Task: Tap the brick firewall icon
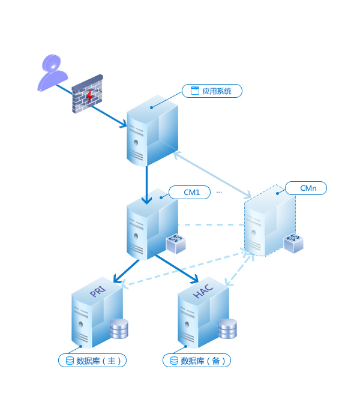[x=88, y=95]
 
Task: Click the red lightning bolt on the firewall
[x=90, y=96]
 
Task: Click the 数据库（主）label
[x=92, y=361]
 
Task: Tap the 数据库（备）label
[x=197, y=361]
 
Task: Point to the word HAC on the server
[x=202, y=293]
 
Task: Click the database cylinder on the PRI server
[x=119, y=329]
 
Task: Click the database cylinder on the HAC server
[x=227, y=329]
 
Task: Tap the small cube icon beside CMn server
[x=293, y=242]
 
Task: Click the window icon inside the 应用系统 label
[x=194, y=91]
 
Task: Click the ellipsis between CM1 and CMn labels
[x=219, y=192]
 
